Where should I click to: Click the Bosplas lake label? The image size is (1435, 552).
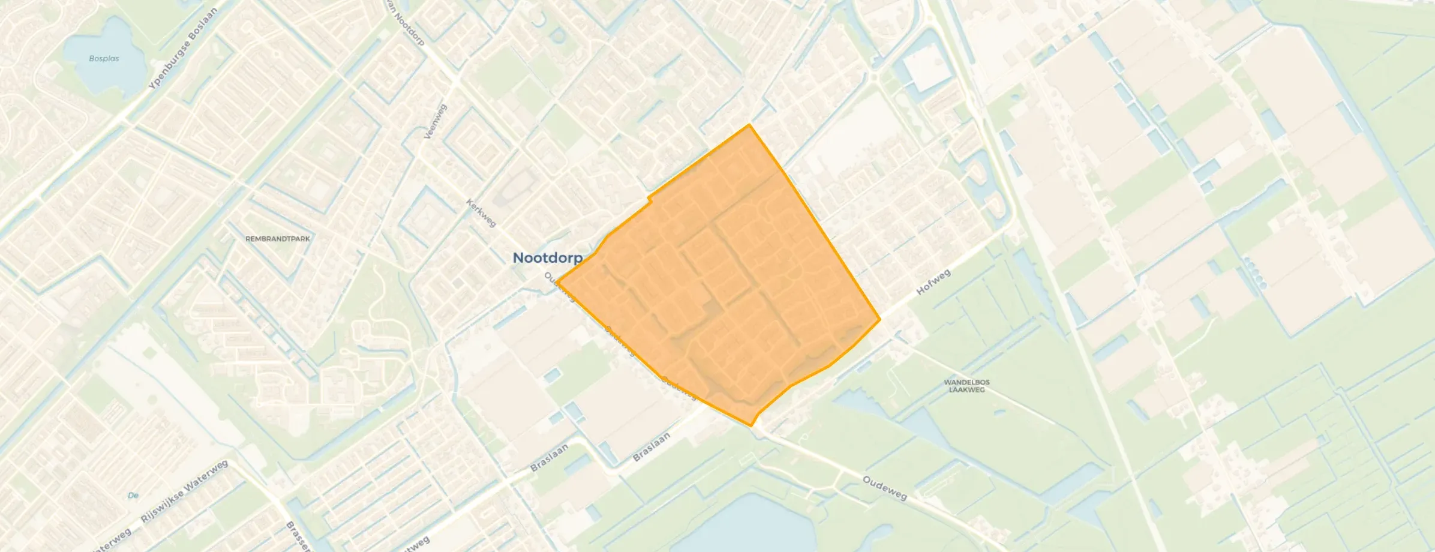pyautogui.click(x=104, y=59)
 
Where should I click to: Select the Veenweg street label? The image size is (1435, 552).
pyautogui.click(x=436, y=122)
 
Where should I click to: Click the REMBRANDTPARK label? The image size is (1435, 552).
pyautogui.click(x=278, y=239)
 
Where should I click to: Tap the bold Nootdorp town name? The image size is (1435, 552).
pyautogui.click(x=547, y=258)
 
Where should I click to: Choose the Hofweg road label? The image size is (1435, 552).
pyautogui.click(x=933, y=283)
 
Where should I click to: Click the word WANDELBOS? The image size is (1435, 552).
pyautogui.click(x=966, y=382)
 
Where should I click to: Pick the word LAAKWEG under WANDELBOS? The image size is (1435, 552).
pyautogui.click(x=966, y=390)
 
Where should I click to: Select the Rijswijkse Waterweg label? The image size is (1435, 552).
pyautogui.click(x=184, y=492)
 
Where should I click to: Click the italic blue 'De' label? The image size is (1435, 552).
pyautogui.click(x=133, y=496)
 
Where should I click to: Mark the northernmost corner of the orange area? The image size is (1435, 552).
pyautogui.click(x=749, y=125)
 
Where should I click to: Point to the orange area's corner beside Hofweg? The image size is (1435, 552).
pyautogui.click(x=879, y=320)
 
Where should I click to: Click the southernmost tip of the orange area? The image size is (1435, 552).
pyautogui.click(x=751, y=426)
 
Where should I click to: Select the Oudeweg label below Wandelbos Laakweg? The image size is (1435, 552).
pyautogui.click(x=884, y=488)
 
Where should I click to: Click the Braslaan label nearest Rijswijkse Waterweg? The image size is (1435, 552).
pyautogui.click(x=549, y=458)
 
